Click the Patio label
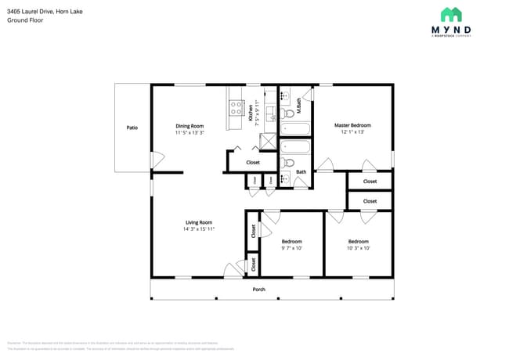[x=132, y=127]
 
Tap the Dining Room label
[x=190, y=126]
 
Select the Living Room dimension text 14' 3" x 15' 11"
[x=199, y=229]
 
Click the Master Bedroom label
[x=352, y=125]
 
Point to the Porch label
[x=258, y=290]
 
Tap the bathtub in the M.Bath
[x=295, y=128]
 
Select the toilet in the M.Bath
[x=287, y=113]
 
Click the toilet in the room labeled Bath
[x=288, y=163]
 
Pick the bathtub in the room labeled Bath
[x=295, y=146]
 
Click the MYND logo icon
[x=451, y=15]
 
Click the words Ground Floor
[x=24, y=20]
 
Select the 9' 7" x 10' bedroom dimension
[x=291, y=249]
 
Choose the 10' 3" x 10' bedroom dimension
[x=358, y=249]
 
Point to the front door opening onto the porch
[x=233, y=271]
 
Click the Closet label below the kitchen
[x=253, y=163]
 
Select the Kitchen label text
[x=251, y=115]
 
